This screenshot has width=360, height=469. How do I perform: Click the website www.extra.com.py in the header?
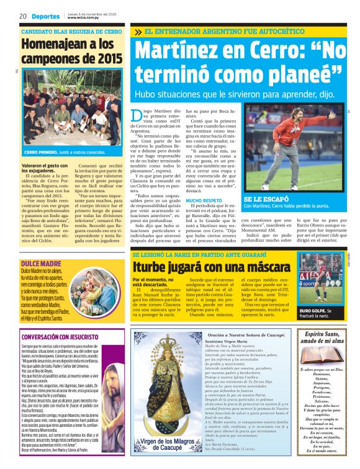(x=84, y=17)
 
